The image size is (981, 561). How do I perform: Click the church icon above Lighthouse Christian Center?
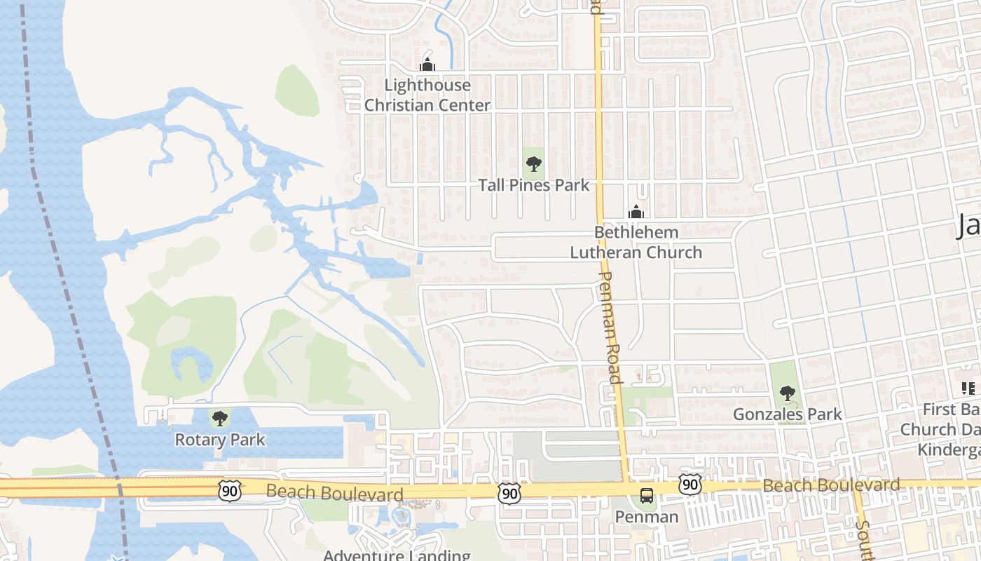(x=427, y=65)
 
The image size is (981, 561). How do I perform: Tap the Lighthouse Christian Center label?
(x=427, y=95)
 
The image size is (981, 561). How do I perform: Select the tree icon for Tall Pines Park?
(x=534, y=165)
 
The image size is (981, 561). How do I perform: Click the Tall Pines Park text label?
(x=534, y=185)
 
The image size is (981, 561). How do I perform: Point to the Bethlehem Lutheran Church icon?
(x=636, y=212)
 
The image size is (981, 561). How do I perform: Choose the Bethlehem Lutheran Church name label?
(x=636, y=242)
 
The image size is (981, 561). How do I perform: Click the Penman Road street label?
(x=610, y=327)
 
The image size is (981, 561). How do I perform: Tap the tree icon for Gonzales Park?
(x=788, y=393)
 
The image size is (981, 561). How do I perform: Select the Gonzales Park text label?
(x=788, y=414)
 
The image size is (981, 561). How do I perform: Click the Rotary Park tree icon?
(x=220, y=419)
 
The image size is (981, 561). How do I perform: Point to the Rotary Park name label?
(x=220, y=440)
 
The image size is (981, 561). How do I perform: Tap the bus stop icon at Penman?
(x=647, y=496)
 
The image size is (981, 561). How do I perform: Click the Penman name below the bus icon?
(x=647, y=517)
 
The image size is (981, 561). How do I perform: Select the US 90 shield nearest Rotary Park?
(x=230, y=492)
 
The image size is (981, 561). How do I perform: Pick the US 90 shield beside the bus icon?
(x=690, y=484)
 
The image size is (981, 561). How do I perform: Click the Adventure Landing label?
(x=397, y=555)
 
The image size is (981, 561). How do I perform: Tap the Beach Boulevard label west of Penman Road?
(x=335, y=493)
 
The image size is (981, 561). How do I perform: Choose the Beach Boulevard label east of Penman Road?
(x=831, y=485)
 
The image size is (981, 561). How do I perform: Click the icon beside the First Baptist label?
(x=968, y=388)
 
